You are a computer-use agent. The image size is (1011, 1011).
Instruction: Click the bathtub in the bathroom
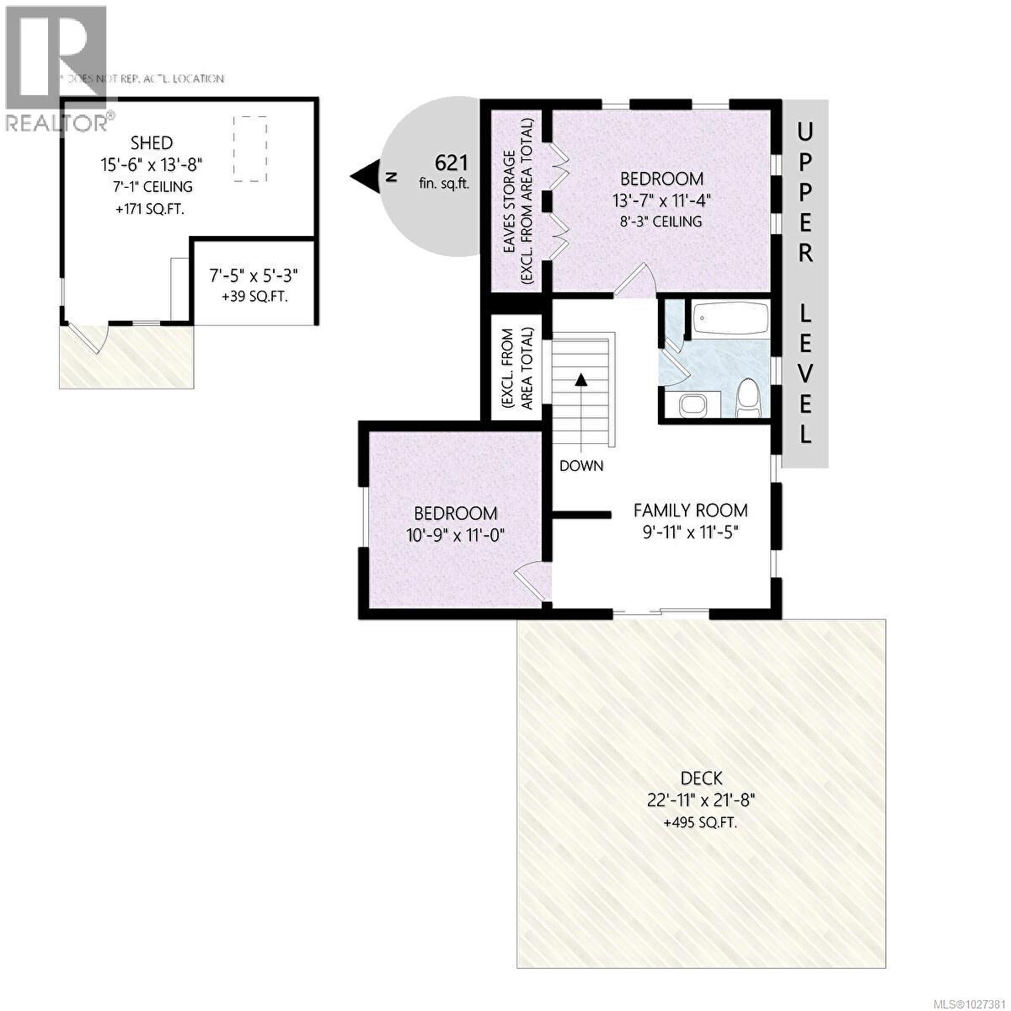tap(730, 319)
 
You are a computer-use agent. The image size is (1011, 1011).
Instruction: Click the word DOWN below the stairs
tap(581, 465)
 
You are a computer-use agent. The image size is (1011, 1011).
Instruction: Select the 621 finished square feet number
tap(451, 163)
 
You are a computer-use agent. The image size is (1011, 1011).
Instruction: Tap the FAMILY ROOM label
tap(690, 511)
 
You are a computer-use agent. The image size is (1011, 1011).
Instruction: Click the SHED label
tap(152, 143)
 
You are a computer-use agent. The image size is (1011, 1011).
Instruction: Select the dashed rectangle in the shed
tap(249, 149)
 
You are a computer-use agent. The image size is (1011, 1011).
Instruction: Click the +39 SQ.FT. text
tap(254, 296)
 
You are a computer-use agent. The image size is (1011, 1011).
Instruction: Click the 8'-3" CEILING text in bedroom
tap(661, 222)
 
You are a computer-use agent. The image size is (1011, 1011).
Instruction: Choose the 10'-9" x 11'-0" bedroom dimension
tap(454, 534)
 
